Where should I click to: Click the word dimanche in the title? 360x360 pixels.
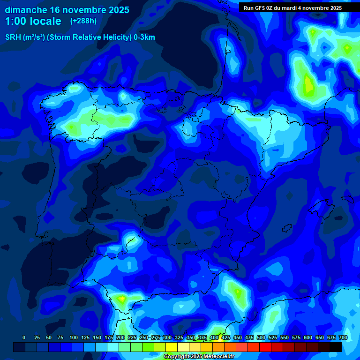25,10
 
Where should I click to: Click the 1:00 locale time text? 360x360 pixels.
33,21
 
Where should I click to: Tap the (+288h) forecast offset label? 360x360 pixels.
83,21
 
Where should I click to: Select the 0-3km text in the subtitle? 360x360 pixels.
144,37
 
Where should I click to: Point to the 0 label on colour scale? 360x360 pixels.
24,337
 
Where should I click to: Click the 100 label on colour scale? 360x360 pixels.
74,337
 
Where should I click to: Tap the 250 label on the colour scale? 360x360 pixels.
144,337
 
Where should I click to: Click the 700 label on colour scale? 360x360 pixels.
343,337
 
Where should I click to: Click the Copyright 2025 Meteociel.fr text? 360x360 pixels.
199,357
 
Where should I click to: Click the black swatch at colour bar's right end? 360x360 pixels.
336,347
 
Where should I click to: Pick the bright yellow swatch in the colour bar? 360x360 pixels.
172,347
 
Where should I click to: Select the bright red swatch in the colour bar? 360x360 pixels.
265,347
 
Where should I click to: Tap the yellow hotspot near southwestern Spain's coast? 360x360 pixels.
121,298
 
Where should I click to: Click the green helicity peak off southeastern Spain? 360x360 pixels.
238,293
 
